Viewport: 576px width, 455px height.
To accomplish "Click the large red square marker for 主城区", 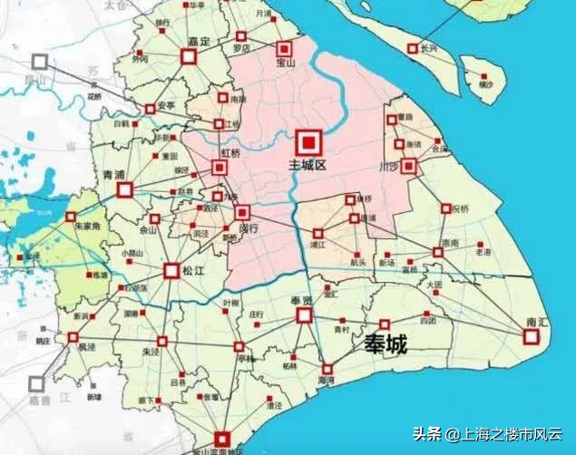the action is pyautogui.click(x=308, y=142).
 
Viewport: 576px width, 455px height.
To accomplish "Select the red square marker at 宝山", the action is pyautogui.click(x=285, y=48).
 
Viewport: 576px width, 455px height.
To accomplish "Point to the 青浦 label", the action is pyautogui.click(x=114, y=174).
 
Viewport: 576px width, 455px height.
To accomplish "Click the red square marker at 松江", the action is pyautogui.click(x=171, y=270).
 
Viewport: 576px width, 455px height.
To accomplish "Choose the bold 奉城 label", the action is pyautogui.click(x=385, y=344).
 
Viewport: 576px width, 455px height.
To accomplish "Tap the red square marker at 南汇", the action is pyautogui.click(x=532, y=336).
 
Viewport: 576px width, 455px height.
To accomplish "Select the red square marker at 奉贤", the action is pyautogui.click(x=303, y=315).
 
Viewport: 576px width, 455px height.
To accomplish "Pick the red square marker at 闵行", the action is pyautogui.click(x=242, y=212).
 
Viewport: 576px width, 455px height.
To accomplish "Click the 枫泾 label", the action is pyautogui.click(x=85, y=345).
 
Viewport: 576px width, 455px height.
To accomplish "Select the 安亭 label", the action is pyautogui.click(x=166, y=105).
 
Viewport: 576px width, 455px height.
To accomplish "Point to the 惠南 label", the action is pyautogui.click(x=450, y=243).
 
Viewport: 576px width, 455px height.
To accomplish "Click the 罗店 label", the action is pyautogui.click(x=241, y=47).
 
